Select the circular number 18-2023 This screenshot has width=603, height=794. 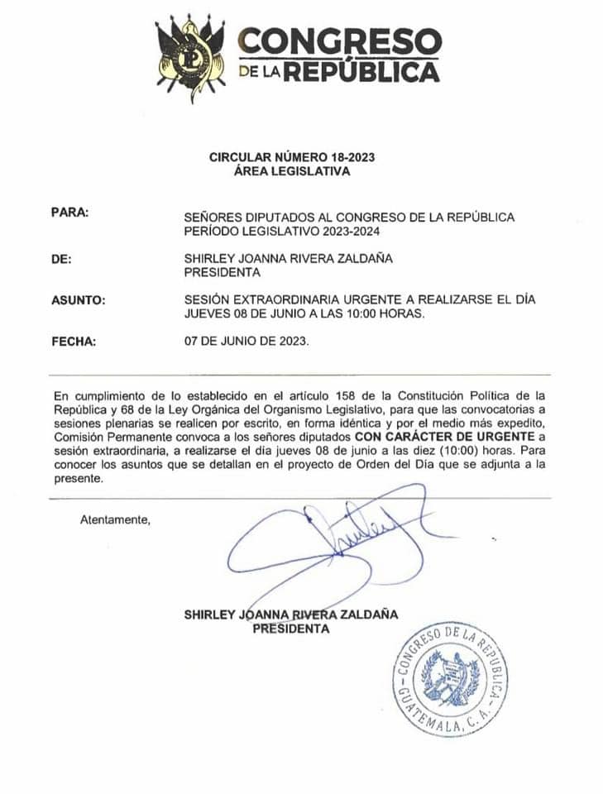click(x=352, y=156)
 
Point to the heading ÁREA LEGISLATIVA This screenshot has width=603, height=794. click(x=292, y=172)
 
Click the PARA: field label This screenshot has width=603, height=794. click(x=69, y=213)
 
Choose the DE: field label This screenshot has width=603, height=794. click(x=61, y=259)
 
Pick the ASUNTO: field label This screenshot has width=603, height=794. click(x=78, y=300)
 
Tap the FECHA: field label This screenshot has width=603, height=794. click(x=74, y=340)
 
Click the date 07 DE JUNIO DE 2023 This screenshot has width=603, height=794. click(x=246, y=341)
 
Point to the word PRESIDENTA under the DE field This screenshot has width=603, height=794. click(x=222, y=272)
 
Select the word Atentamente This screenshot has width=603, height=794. click(x=115, y=520)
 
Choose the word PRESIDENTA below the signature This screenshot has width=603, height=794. click(x=290, y=629)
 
